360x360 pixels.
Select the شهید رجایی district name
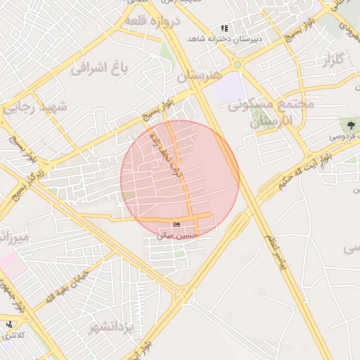click(34, 108)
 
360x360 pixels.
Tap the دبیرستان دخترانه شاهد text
click(224, 39)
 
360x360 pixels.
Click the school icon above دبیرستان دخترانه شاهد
click(224, 28)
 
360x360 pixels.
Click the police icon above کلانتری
click(10, 326)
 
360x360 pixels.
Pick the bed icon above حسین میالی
click(176, 225)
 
